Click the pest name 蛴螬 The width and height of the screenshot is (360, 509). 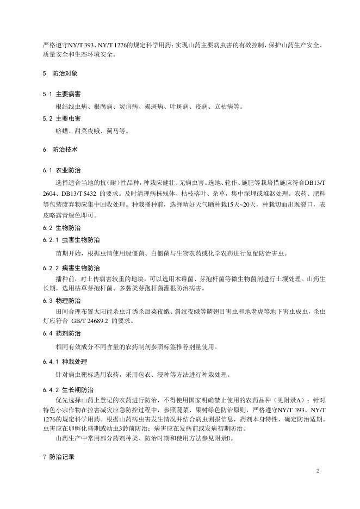click(x=62, y=131)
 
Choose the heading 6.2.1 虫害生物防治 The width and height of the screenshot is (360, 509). click(x=71, y=240)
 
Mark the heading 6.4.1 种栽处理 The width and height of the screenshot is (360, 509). click(x=68, y=361)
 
